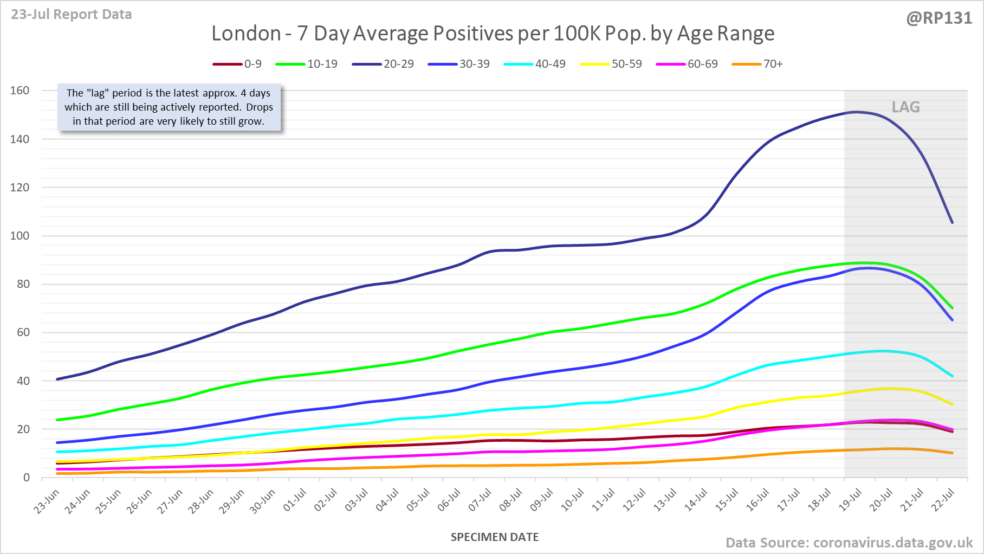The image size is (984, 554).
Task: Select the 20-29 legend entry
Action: pyautogui.click(x=383, y=64)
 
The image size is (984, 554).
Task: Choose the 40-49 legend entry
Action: pyautogui.click(x=535, y=64)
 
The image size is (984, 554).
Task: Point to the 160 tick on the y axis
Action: pyautogui.click(x=20, y=91)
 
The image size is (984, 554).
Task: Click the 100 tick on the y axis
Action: pyautogui.click(x=20, y=236)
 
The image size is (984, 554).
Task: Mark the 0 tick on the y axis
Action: pyautogui.click(x=26, y=478)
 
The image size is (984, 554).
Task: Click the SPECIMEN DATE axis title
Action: pyautogui.click(x=495, y=537)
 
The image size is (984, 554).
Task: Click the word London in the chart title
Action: pyautogui.click(x=246, y=34)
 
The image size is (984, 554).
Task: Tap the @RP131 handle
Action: pyautogui.click(x=939, y=18)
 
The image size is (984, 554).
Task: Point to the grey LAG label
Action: pyautogui.click(x=905, y=107)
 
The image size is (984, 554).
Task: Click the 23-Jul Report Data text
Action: pyautogui.click(x=72, y=15)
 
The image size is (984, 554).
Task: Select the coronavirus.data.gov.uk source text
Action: pyautogui.click(x=893, y=543)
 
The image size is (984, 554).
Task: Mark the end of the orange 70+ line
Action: pyautogui.click(x=952, y=453)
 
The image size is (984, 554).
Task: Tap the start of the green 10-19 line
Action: pyautogui.click(x=57, y=420)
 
